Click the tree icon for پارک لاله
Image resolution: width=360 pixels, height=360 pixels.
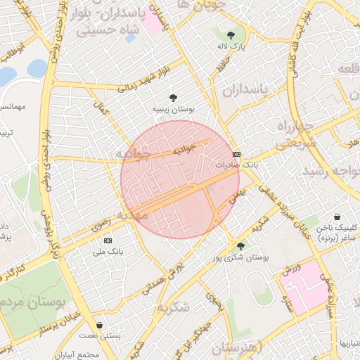click(231, 34)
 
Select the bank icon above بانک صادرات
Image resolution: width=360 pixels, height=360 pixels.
click(236, 154)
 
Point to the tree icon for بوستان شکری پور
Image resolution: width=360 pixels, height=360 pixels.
click(241, 246)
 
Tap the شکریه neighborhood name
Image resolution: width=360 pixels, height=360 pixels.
click(173, 307)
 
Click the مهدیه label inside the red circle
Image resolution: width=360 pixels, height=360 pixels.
click(133, 214)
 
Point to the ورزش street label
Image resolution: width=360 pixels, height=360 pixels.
click(292, 268)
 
